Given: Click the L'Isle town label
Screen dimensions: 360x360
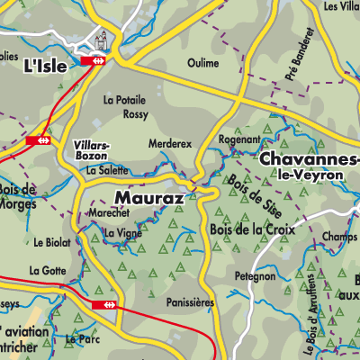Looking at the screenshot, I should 43,67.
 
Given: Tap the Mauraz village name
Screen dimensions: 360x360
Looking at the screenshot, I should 149,196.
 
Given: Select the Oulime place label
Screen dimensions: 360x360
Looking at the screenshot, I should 203,63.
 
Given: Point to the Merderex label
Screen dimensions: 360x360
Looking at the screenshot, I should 170,143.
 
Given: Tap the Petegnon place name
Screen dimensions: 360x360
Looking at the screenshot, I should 256,276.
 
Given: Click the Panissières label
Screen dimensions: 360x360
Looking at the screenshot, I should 191,304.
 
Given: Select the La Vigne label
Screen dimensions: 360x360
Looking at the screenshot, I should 123,233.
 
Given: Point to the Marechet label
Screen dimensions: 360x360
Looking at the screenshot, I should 110,213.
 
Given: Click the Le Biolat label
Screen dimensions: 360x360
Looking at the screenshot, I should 50,242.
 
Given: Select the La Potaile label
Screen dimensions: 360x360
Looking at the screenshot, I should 125,100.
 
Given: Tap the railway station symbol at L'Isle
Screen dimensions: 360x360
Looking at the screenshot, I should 94,60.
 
